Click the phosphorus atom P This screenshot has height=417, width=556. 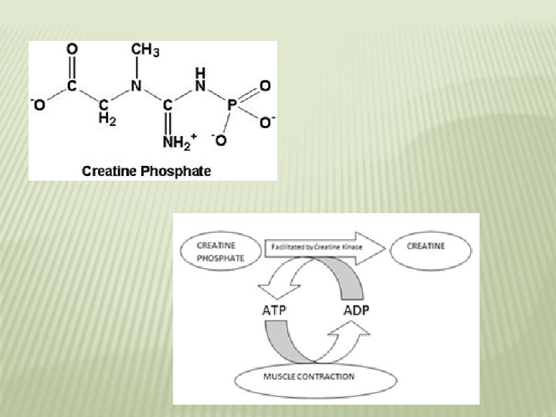tap(232, 103)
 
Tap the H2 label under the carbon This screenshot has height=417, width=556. tap(107, 120)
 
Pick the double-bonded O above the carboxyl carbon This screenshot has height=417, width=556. tap(72, 49)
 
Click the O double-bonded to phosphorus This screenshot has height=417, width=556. tap(265, 85)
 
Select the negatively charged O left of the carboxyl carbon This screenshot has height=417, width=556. tap(38, 104)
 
